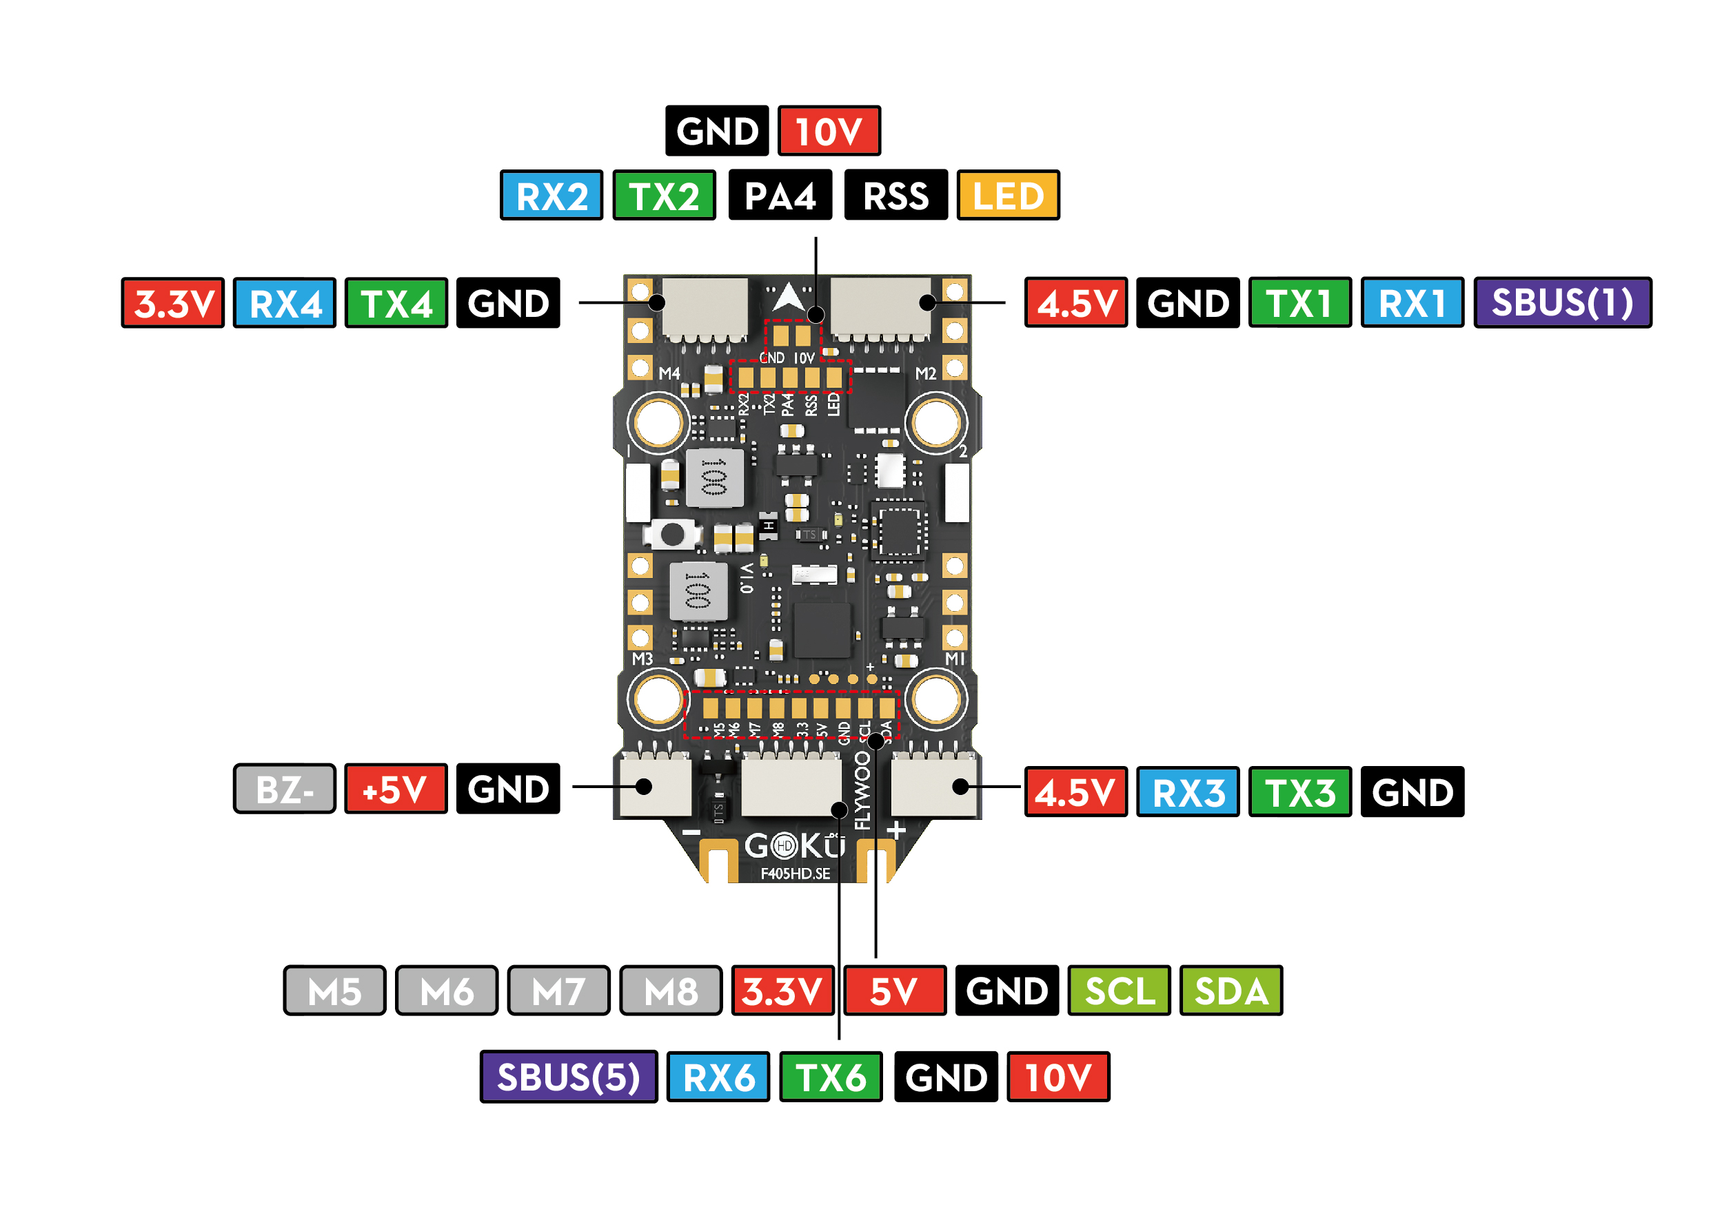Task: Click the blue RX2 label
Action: pos(551,195)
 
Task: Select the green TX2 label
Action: pos(663,195)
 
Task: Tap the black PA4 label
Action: pos(780,195)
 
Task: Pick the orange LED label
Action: pos(1008,195)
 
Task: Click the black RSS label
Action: pos(895,195)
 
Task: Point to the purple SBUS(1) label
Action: pos(1562,302)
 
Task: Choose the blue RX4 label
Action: pos(284,302)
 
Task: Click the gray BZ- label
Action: pos(284,788)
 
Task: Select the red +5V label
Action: pos(395,788)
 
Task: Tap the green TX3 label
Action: pos(1299,791)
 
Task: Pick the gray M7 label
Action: pos(558,990)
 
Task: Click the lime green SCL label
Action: pos(1119,990)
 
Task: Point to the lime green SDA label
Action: pos(1231,990)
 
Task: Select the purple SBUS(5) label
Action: pos(568,1077)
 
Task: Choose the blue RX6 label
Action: pos(718,1077)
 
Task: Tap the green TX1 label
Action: pos(1299,302)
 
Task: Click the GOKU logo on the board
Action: pos(794,845)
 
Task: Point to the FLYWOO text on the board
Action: pos(862,789)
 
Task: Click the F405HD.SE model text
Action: pos(794,873)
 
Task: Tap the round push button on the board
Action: pos(672,533)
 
